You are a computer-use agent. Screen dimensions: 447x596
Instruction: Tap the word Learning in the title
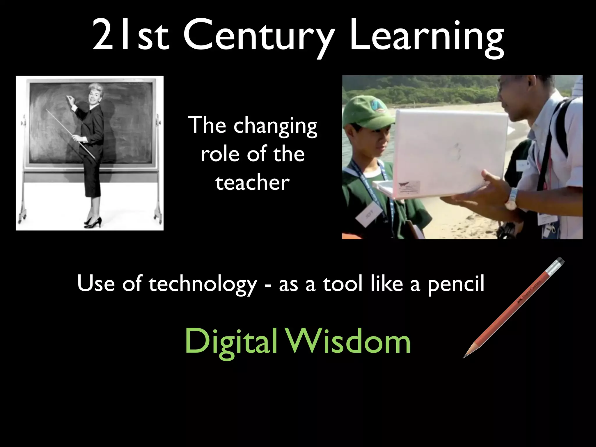[427, 36]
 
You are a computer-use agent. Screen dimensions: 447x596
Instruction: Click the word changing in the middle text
[275, 126]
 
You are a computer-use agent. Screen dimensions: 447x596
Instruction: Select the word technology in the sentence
[203, 284]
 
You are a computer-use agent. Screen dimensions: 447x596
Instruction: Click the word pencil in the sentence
[456, 284]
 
